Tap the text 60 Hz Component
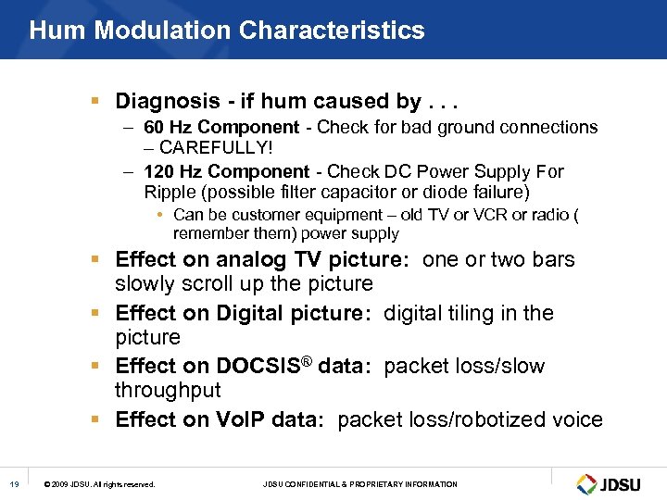pyautogui.click(x=221, y=127)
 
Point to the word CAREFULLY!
pyautogui.click(x=218, y=148)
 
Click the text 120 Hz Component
pyautogui.click(x=226, y=171)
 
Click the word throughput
pyautogui.click(x=169, y=391)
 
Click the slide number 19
pyautogui.click(x=15, y=484)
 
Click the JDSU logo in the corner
pyautogui.click(x=610, y=483)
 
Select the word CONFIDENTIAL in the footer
pyautogui.click(x=321, y=484)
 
